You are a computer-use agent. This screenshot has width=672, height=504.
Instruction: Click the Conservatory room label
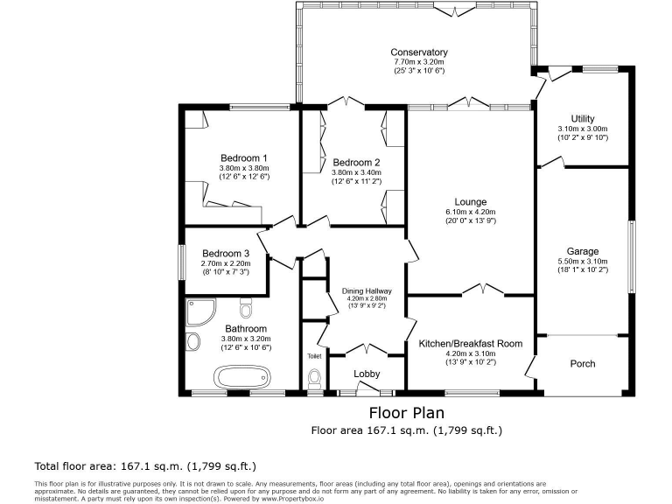[x=419, y=52]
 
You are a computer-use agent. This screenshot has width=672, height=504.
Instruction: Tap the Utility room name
[x=582, y=118]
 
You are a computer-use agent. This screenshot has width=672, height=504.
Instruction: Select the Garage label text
[x=582, y=251]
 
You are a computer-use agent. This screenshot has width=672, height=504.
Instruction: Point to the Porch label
[x=582, y=364]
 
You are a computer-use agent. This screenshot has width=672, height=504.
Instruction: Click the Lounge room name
[x=470, y=202]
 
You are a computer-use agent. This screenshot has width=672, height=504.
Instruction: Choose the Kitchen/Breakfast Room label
[x=470, y=344]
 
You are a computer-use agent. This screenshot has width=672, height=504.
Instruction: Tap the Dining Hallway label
[x=367, y=291]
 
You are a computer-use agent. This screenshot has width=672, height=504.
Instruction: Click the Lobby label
[x=367, y=374]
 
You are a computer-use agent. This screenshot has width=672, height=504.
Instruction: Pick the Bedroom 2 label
[x=356, y=163]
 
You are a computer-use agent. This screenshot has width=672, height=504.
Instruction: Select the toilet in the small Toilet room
[x=315, y=378]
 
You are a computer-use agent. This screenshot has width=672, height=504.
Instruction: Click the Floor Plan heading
[x=406, y=412]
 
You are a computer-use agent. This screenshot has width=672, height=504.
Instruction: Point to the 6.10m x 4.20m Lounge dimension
[x=470, y=212]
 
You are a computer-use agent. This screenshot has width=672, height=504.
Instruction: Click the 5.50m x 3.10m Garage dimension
[x=582, y=261]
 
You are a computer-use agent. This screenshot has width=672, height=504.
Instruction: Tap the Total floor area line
[x=144, y=465]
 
